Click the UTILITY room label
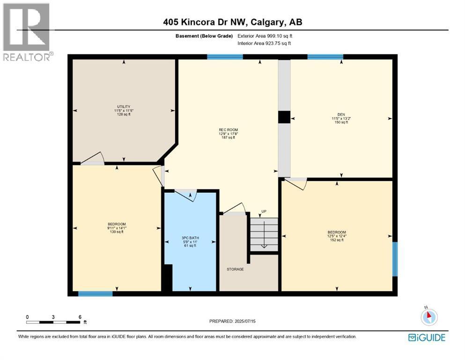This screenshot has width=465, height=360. (x=124, y=106)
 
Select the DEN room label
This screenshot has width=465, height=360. (x=341, y=114)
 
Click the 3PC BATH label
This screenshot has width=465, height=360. (x=190, y=238)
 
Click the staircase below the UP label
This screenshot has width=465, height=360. (x=264, y=234)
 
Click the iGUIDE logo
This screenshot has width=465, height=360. (x=426, y=337)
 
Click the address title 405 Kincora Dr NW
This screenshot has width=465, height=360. (x=233, y=22)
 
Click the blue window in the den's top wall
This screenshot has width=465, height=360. (x=325, y=57)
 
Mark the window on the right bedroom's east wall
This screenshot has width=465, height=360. (x=395, y=259)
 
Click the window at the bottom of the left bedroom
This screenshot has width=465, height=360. (x=95, y=294)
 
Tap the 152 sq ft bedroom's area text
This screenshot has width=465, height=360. (x=336, y=240)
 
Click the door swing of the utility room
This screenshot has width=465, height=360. (x=93, y=158)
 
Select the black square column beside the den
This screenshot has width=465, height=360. (x=284, y=117)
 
